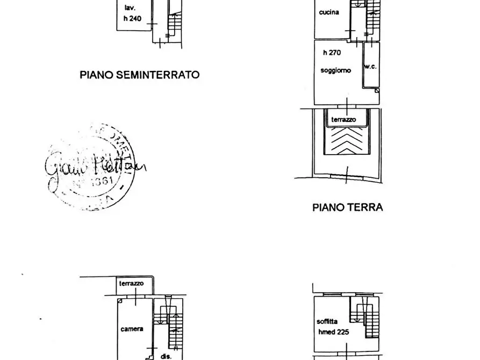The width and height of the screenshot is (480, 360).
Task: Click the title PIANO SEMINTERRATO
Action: click(x=139, y=75)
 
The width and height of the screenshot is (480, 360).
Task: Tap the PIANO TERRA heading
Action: click(x=347, y=207)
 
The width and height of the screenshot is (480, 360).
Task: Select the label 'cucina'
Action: click(x=328, y=12)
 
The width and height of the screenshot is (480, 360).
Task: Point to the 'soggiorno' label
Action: click(x=335, y=70)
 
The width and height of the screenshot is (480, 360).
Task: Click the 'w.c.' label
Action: click(x=370, y=67)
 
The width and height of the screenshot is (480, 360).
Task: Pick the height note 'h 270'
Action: click(x=332, y=53)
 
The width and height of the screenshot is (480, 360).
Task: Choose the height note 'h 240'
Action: click(x=133, y=18)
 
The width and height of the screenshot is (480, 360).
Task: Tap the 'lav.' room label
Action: click(x=130, y=8)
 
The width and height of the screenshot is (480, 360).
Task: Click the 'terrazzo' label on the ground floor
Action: click(x=343, y=119)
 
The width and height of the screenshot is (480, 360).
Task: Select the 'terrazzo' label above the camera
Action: click(x=131, y=283)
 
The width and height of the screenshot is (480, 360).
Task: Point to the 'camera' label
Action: click(x=132, y=329)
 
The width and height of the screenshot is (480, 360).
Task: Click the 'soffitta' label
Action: click(x=327, y=322)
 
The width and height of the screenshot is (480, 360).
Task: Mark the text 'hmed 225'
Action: click(x=333, y=332)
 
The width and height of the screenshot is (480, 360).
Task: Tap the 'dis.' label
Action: click(x=165, y=356)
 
